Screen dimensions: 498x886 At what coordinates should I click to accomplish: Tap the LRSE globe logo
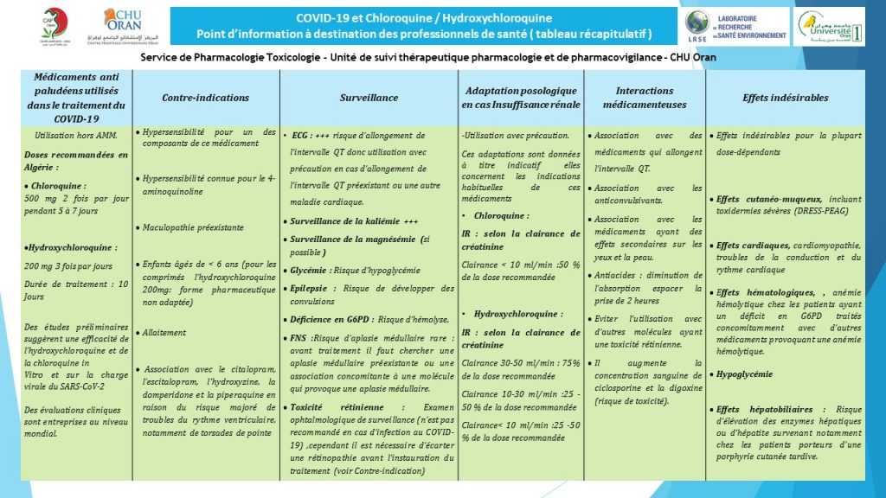[697, 25]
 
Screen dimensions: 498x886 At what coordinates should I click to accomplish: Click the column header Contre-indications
[206, 98]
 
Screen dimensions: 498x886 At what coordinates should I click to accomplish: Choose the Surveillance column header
[369, 98]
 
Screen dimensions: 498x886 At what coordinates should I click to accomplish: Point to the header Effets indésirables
[785, 98]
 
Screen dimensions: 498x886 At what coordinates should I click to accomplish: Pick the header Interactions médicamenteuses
[645, 98]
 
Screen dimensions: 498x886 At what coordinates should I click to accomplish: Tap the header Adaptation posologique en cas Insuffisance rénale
[521, 98]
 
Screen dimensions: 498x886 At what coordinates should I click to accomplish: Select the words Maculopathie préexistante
[193, 227]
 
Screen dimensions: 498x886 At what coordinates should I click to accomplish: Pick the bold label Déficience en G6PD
[337, 319]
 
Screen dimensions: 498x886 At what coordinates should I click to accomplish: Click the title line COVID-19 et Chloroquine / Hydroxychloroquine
[423, 17]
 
